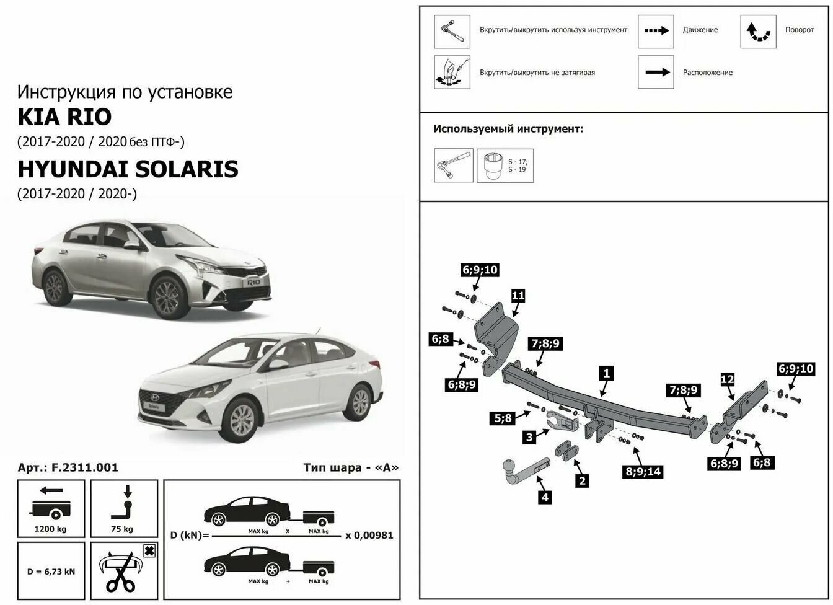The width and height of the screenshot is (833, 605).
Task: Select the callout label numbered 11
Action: coord(518,296)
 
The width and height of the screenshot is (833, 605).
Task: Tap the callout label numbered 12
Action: coord(727,379)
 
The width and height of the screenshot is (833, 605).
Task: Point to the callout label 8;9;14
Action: coord(643,472)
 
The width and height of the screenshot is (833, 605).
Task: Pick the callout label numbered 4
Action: coord(545,497)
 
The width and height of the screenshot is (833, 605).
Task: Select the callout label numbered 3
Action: coord(529,438)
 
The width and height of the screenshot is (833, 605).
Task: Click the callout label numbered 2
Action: coord(581,480)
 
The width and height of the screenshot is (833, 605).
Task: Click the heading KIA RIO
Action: coord(64,117)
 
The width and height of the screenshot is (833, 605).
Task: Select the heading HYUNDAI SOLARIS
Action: coord(128,169)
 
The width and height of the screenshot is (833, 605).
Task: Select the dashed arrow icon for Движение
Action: coord(656,30)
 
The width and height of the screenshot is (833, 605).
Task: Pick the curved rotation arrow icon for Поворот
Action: coord(758,30)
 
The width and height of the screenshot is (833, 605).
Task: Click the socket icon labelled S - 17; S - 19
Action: coord(505,166)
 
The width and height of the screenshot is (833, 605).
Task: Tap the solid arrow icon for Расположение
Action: coord(656,73)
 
